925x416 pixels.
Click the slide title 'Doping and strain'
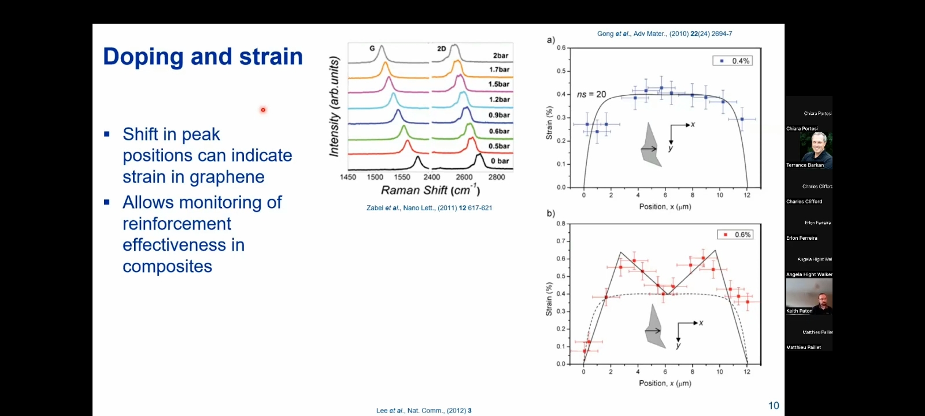click(x=202, y=57)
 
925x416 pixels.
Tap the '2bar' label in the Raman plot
click(x=501, y=55)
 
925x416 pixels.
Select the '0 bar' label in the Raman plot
click(x=499, y=161)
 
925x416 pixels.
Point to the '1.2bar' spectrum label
click(x=499, y=99)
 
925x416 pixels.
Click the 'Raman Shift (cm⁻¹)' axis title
click(x=430, y=190)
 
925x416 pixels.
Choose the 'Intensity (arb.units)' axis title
click(x=334, y=107)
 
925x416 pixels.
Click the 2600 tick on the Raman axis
click(x=464, y=177)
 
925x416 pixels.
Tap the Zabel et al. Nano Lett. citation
click(x=429, y=208)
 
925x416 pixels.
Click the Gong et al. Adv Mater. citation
click(x=664, y=34)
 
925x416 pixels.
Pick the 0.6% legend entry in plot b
click(x=735, y=235)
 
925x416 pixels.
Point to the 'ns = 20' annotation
click(x=591, y=94)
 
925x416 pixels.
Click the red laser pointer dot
click(x=263, y=110)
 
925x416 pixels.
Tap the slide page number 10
click(x=774, y=406)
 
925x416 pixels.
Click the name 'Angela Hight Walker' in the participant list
click(x=809, y=274)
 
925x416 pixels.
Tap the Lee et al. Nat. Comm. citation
click(x=424, y=411)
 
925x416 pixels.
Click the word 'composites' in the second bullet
click(x=167, y=266)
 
